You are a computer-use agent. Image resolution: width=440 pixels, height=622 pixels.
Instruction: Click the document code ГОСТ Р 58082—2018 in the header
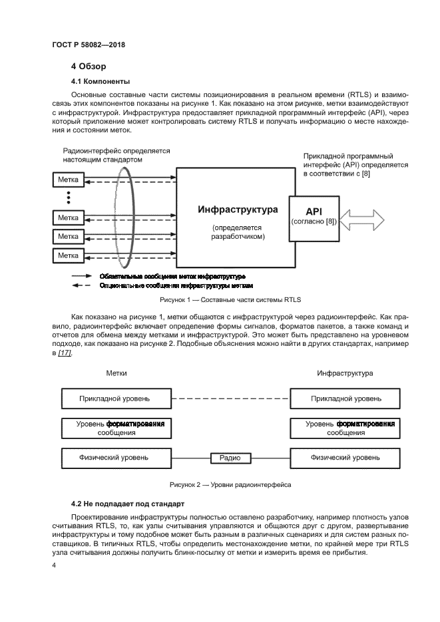(x=88, y=45)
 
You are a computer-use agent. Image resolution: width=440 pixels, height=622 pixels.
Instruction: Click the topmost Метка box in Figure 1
(x=68, y=180)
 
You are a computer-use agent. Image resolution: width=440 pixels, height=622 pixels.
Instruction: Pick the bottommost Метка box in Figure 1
(x=68, y=255)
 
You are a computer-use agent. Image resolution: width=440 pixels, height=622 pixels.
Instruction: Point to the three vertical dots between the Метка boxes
(x=68, y=198)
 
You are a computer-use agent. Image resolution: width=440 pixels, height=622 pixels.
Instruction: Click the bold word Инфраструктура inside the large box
(x=238, y=210)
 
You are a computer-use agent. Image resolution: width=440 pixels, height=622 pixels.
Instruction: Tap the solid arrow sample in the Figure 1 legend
(x=82, y=275)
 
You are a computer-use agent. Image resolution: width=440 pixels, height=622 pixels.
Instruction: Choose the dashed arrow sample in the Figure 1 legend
(x=82, y=285)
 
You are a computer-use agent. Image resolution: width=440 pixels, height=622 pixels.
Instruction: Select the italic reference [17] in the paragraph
(x=65, y=352)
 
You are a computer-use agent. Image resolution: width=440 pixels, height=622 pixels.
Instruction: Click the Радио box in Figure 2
(x=230, y=458)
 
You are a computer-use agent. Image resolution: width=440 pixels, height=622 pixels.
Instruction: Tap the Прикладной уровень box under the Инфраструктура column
(x=346, y=398)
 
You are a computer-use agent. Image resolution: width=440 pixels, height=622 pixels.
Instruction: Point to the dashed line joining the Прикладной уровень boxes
(x=228, y=398)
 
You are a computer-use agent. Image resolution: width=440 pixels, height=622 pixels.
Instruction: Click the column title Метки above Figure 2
(x=116, y=373)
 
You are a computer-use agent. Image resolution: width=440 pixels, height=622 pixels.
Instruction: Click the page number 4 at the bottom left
(x=55, y=565)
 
